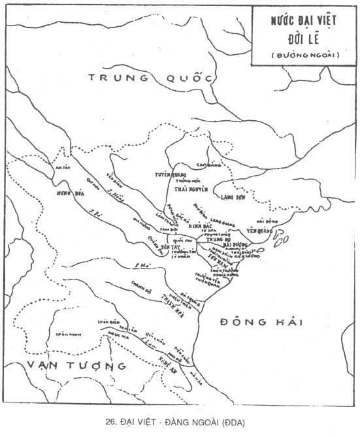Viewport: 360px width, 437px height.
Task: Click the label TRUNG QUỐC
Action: click(151, 78)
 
